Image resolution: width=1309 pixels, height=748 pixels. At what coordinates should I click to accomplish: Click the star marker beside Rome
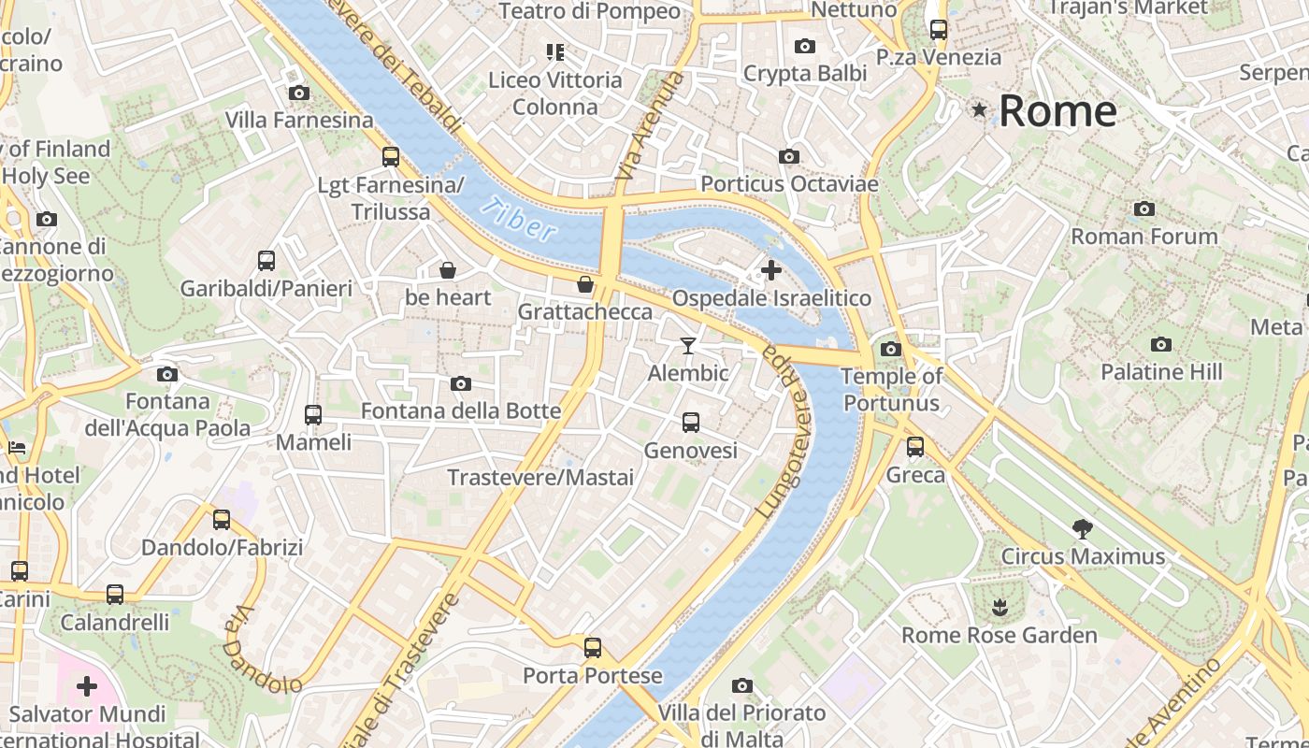tap(979, 110)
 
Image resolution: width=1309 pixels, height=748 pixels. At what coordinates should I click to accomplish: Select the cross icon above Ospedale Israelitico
tap(771, 271)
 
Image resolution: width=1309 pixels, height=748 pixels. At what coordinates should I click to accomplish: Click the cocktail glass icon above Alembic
tap(688, 346)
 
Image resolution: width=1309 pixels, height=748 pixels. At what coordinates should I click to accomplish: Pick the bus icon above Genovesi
tap(690, 423)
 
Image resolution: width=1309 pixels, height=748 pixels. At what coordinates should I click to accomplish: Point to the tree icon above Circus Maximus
tap(1083, 529)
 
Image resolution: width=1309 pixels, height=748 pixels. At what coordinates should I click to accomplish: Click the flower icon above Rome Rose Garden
tap(1000, 608)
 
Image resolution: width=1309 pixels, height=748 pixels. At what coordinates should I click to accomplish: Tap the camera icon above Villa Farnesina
tap(299, 93)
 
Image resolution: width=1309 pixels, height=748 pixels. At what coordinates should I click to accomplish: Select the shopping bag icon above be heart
tap(448, 270)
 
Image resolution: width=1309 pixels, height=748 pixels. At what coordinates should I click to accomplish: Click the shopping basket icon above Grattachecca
tap(585, 284)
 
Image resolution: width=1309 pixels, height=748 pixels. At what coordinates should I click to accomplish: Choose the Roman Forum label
tap(1144, 237)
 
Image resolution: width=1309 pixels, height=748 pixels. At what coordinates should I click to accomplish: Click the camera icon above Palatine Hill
tap(1161, 344)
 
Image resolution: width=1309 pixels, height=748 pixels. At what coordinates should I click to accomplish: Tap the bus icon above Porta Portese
tap(592, 647)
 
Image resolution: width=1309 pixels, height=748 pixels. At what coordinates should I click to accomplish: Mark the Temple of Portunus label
tap(891, 390)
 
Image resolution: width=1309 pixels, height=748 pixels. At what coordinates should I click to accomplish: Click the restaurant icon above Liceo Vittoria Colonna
tap(555, 52)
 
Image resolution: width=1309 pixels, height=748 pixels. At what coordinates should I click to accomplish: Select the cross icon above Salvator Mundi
tap(87, 687)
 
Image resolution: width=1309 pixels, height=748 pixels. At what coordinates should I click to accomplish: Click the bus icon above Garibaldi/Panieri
tap(266, 261)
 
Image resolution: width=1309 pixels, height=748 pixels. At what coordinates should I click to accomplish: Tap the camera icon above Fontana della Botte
tap(460, 383)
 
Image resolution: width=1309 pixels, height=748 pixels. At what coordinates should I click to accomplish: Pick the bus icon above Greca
tap(915, 447)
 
